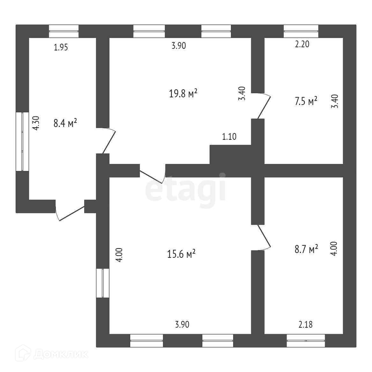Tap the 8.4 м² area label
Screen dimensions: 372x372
(x=65, y=123)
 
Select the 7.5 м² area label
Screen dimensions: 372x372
(x=306, y=101)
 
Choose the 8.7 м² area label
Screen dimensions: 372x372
(x=306, y=249)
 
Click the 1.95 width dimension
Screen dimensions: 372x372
(x=61, y=48)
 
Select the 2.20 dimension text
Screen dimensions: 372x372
(x=302, y=44)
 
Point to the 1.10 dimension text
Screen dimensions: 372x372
(x=229, y=137)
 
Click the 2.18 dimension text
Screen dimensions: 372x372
(x=305, y=324)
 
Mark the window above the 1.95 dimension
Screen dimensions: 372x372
(x=64, y=31)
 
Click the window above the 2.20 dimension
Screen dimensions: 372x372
(x=301, y=31)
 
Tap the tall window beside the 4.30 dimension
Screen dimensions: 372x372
(x=22, y=141)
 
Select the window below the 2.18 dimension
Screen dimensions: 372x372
(x=306, y=340)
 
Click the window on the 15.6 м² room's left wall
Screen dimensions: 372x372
(x=103, y=283)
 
